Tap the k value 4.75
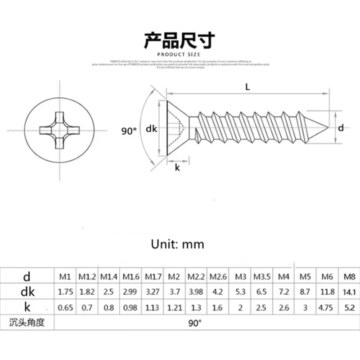point(327,308)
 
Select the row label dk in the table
point(27,292)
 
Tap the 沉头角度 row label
point(27,323)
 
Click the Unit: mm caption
point(177,244)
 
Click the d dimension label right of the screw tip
point(341,128)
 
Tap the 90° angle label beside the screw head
point(129,131)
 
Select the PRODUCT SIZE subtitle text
point(180,55)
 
